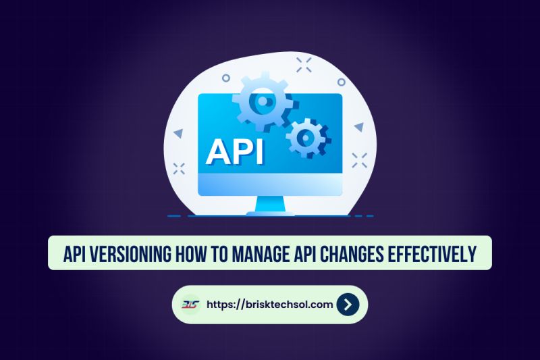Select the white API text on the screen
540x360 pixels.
[x=234, y=152]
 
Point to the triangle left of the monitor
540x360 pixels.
[x=178, y=134]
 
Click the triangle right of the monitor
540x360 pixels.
[x=359, y=126]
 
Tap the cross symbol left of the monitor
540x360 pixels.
[x=179, y=168]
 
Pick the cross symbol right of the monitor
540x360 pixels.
[x=360, y=160]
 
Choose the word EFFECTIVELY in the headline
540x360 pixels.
[x=438, y=253]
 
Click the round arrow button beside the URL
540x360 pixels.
[x=347, y=305]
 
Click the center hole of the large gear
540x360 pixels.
[x=262, y=101]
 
